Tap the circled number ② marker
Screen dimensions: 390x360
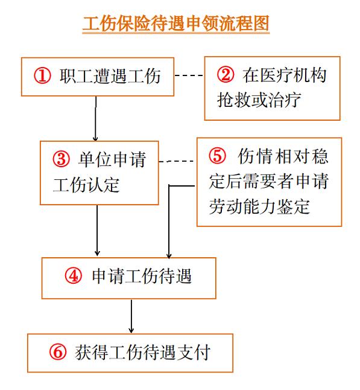pyautogui.click(x=226, y=75)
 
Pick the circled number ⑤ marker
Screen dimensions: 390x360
pyautogui.click(x=218, y=156)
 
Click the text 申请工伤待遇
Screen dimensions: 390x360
pyautogui.click(x=142, y=277)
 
